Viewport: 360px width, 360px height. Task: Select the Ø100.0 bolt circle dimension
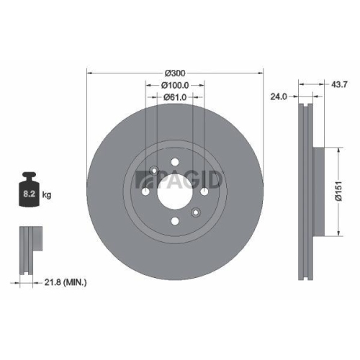click(x=175, y=85)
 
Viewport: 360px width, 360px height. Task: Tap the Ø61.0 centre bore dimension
click(x=175, y=96)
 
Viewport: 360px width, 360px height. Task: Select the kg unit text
click(x=48, y=194)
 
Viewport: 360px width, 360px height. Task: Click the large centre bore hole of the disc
click(x=175, y=191)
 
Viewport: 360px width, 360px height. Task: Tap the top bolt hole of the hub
click(x=175, y=162)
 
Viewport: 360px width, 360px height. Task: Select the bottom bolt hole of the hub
click(x=175, y=221)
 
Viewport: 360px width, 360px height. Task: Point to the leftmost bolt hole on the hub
click(x=145, y=192)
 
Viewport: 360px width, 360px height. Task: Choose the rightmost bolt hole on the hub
click(x=204, y=192)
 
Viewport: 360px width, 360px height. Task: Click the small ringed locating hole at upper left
click(x=154, y=171)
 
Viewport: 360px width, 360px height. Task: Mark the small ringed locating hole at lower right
click(x=196, y=212)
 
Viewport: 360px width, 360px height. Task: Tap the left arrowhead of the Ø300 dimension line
click(x=89, y=73)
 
